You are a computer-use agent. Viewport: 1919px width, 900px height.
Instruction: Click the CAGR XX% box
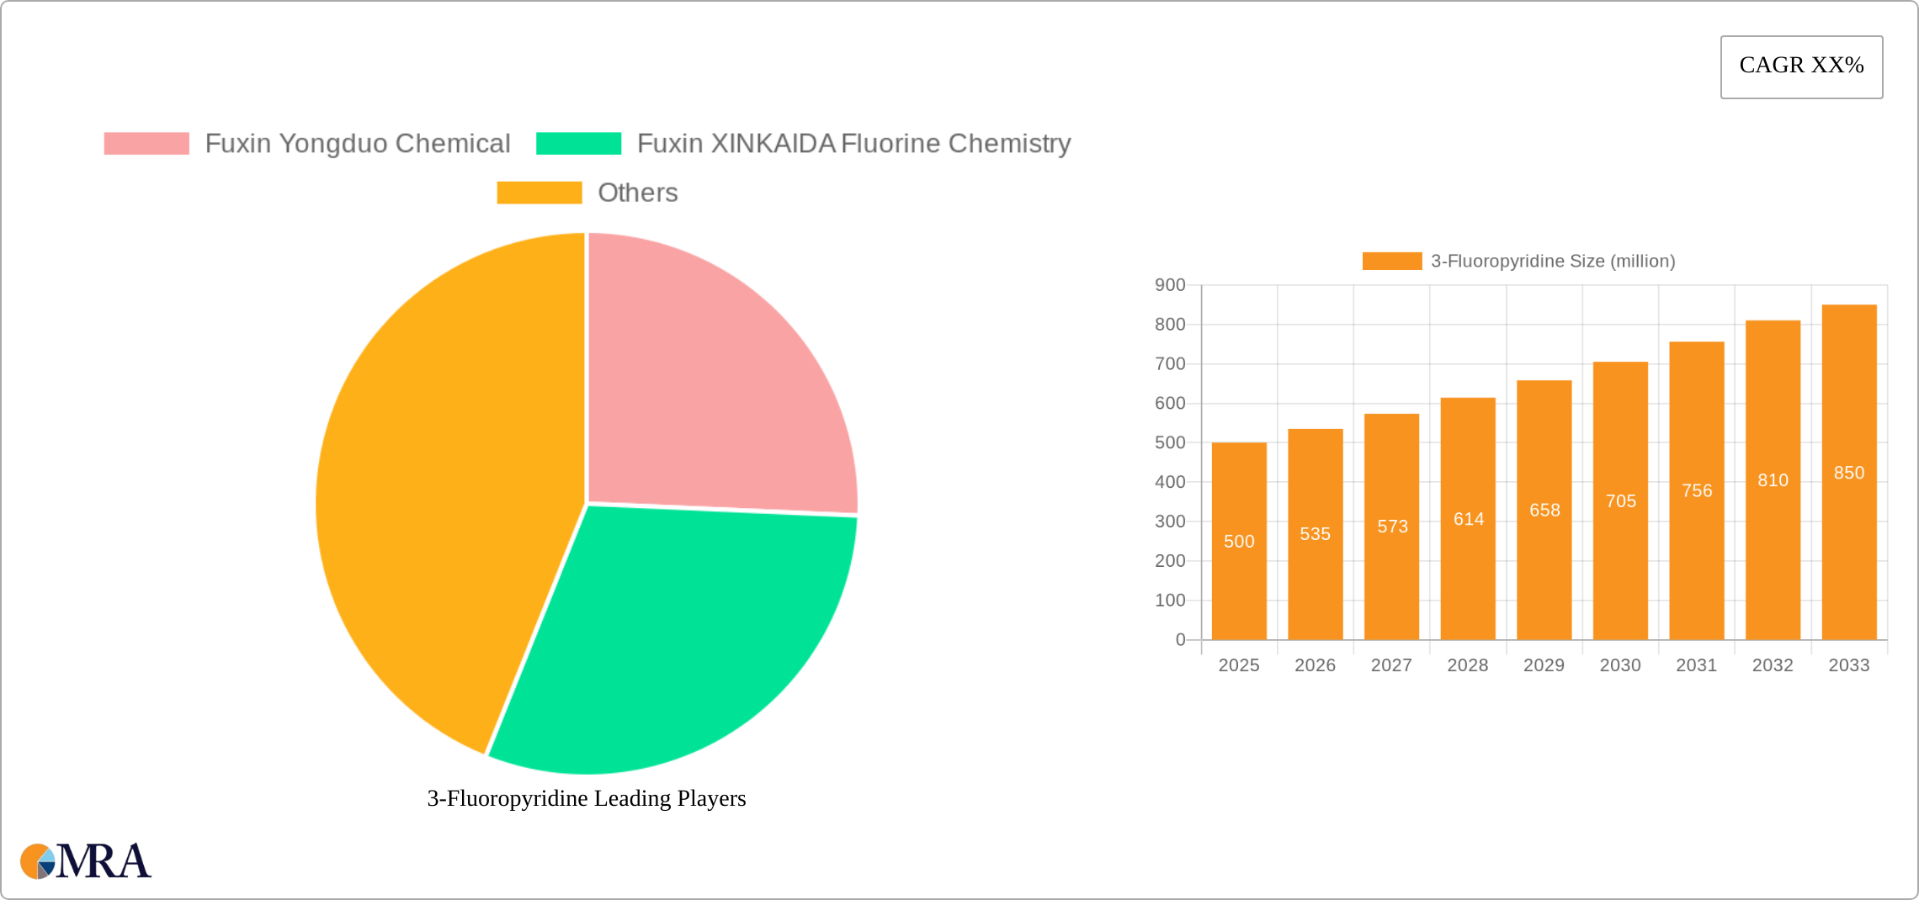(1801, 66)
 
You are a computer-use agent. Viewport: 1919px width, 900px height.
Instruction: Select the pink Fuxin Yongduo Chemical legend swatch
(146, 144)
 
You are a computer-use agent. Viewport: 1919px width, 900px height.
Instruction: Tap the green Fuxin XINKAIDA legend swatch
(578, 144)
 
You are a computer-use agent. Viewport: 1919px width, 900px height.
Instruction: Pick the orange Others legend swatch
(539, 193)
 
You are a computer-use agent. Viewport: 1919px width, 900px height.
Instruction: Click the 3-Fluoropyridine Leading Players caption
(587, 798)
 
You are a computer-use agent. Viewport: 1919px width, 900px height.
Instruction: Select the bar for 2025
(1239, 589)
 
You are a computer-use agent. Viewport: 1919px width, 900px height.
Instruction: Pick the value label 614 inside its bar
(1469, 519)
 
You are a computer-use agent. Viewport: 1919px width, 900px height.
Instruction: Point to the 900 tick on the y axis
(1170, 285)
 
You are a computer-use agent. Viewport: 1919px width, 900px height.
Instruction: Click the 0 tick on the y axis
(1180, 640)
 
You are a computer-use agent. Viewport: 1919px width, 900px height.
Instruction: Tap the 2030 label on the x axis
(1620, 665)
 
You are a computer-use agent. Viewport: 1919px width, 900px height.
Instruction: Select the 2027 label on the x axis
(1391, 665)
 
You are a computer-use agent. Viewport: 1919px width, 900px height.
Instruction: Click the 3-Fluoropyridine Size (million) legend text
(1553, 262)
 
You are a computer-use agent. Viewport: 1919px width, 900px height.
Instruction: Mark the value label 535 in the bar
(1315, 534)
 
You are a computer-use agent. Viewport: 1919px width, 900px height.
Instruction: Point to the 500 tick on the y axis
(1170, 442)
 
